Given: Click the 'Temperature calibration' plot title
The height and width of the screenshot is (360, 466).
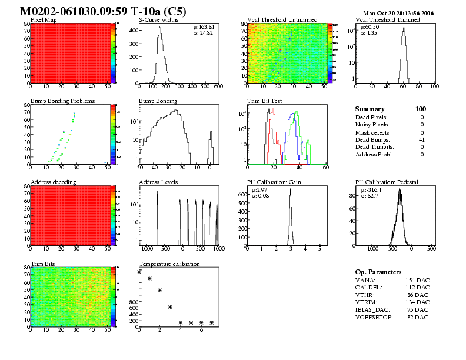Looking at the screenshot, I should pyautogui.click(x=169, y=264).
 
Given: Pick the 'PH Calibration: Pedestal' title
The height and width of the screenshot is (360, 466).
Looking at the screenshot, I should pyautogui.click(x=387, y=182).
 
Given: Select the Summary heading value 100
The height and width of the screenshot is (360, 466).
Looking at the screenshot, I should pyautogui.click(x=420, y=109).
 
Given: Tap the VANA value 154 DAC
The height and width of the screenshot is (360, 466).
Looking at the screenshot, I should pyautogui.click(x=417, y=280).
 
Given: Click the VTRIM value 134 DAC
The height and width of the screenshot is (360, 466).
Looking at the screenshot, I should pyautogui.click(x=417, y=302).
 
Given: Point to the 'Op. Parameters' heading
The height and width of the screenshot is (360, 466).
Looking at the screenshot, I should pyautogui.click(x=378, y=272).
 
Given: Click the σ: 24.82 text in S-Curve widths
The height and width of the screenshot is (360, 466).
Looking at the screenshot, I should pyautogui.click(x=203, y=33).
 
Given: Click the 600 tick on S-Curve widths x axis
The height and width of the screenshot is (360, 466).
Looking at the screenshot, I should pyautogui.click(x=218, y=86).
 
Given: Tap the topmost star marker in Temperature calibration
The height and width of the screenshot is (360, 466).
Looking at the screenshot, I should pyautogui.click(x=139, y=272).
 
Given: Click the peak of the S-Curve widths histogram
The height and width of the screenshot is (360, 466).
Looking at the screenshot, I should pyautogui.click(x=158, y=35).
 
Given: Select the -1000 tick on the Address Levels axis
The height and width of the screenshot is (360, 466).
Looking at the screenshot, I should pyautogui.click(x=139, y=249).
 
